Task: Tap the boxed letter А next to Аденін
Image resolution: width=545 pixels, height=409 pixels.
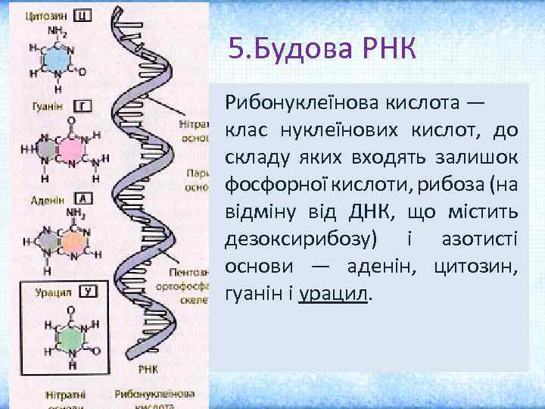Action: click(86, 198)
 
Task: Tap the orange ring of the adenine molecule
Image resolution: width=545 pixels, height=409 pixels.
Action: click(73, 242)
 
